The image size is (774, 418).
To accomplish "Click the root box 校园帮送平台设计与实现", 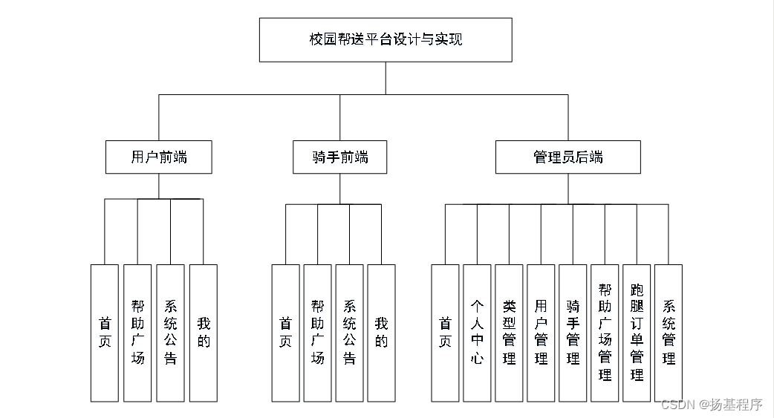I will [x=385, y=39].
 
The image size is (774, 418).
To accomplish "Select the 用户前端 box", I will [x=158, y=157].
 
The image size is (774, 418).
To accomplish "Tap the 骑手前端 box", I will [x=339, y=157].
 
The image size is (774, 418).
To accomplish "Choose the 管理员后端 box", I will [x=568, y=157].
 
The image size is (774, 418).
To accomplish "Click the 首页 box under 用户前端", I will [x=105, y=333].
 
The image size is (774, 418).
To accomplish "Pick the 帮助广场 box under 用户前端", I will [x=137, y=333].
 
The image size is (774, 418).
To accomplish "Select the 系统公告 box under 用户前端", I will [x=170, y=333].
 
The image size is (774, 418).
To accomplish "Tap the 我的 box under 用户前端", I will [x=204, y=333].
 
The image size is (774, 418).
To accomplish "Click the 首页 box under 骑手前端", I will [x=285, y=333].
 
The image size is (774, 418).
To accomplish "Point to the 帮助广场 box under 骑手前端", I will [x=317, y=333].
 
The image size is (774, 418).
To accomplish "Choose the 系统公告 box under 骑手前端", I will [x=349, y=333].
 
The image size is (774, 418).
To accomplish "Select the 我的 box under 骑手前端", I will [x=381, y=333].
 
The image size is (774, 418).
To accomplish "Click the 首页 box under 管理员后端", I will [x=445, y=333].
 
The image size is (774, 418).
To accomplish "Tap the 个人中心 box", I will [x=477, y=333].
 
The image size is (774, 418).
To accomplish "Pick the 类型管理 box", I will [x=509, y=333].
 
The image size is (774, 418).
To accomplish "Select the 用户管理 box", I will [x=541, y=333].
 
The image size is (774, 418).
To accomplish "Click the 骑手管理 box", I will [x=573, y=333].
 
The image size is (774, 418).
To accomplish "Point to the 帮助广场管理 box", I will [x=605, y=333].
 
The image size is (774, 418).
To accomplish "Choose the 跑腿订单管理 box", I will [x=637, y=333].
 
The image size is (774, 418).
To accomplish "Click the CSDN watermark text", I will [x=711, y=405].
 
